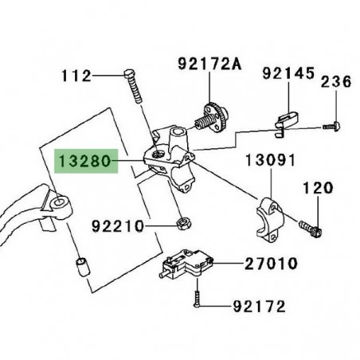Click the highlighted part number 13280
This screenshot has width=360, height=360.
[83, 164]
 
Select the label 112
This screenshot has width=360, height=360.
[76, 76]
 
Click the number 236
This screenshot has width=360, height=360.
[335, 82]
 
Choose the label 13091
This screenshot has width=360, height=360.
[272, 161]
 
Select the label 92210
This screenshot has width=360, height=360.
[117, 226]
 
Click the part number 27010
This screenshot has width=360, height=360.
[272, 262]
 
